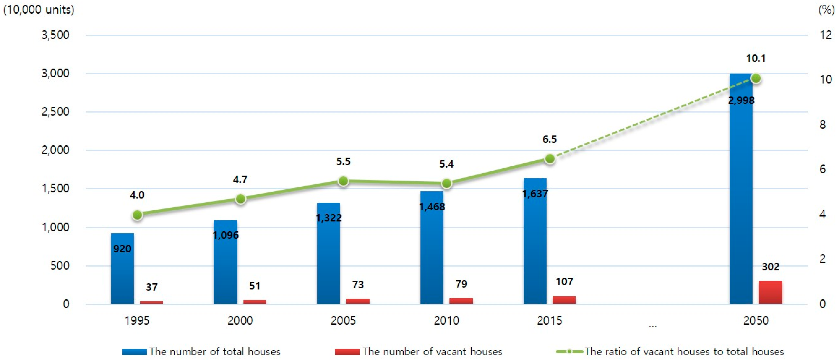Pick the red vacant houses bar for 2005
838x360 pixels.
coord(358,301)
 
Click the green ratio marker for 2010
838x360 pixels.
coord(446,184)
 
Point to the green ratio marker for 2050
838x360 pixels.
coord(756,79)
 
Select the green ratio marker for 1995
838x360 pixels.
coord(137,215)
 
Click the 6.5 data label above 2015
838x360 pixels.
coord(549,139)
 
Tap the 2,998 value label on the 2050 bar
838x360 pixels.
coord(741,100)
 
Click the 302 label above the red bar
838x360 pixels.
coord(770,267)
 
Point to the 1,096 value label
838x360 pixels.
coord(226,235)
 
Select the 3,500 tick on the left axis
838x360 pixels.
coord(55,35)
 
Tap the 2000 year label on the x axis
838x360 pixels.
coord(240,321)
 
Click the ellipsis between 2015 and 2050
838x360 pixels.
coord(653,325)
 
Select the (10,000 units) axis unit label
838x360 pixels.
coord(39,10)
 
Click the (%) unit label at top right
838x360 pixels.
coord(826,10)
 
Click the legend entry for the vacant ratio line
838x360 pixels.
coord(670,352)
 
